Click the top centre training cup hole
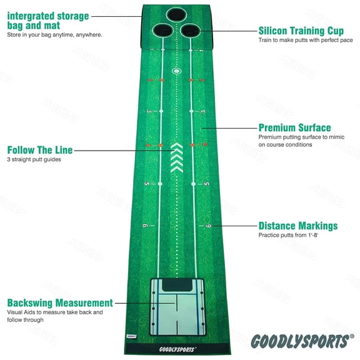(x=176, y=14)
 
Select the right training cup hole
(x=188, y=29)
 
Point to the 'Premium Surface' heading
(x=295, y=127)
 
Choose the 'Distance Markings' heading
(x=298, y=226)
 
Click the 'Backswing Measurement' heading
(x=60, y=302)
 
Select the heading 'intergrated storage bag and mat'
(x=48, y=21)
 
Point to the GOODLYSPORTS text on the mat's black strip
(x=176, y=350)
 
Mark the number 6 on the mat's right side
(x=209, y=226)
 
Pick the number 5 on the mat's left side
(x=146, y=184)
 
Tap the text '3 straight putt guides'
(x=34, y=159)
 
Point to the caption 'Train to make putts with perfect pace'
(x=299, y=40)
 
